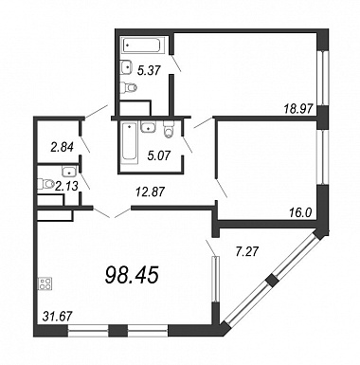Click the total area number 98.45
132,274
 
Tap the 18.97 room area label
298,109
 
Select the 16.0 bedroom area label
300,213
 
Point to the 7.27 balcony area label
247,251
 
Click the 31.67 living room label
57,315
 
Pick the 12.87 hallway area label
150,192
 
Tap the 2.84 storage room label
63,147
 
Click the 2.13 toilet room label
66,187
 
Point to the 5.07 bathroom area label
159,155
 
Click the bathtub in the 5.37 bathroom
141,46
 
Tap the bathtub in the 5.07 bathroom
130,142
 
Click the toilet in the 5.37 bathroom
129,87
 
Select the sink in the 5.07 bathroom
148,127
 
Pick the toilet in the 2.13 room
45,184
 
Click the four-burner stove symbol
45,283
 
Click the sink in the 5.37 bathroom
126,67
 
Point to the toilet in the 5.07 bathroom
169,130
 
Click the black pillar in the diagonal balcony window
272,280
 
